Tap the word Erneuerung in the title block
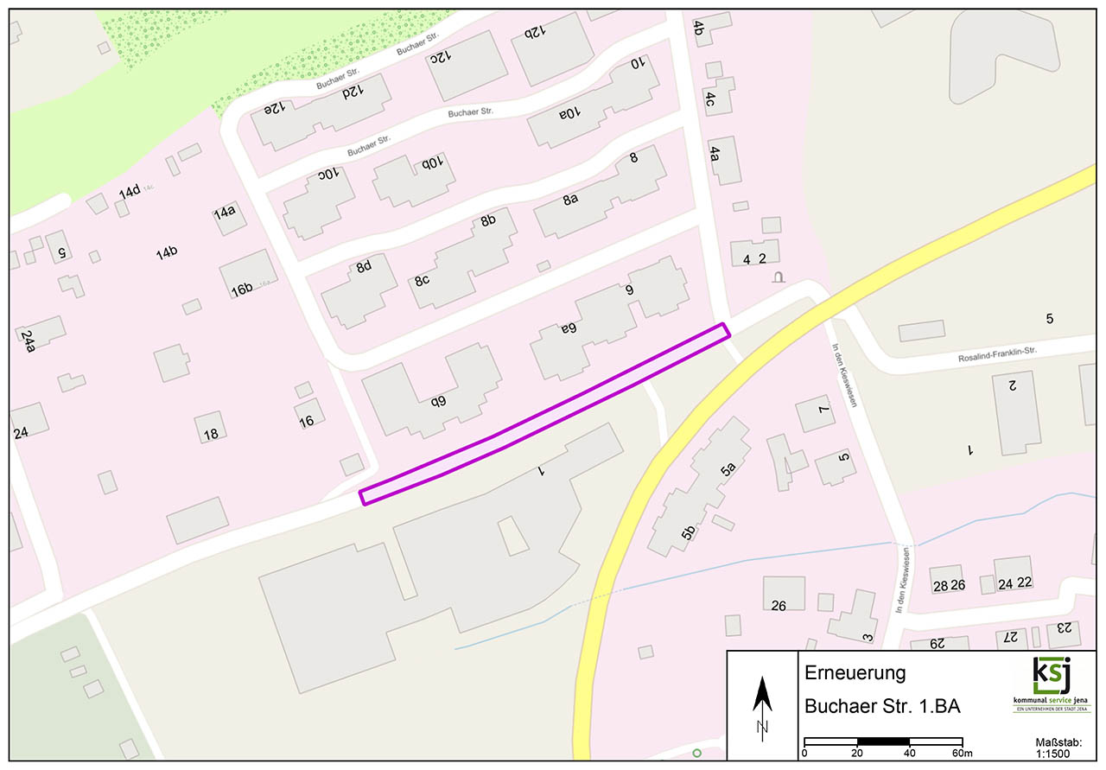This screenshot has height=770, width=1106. [855, 673]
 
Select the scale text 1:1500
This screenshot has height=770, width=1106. [1053, 753]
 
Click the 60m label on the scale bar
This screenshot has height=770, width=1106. [963, 753]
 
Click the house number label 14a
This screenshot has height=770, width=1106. [225, 212]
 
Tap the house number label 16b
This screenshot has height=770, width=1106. [241, 290]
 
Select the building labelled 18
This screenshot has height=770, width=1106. [211, 427]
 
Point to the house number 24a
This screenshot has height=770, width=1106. [29, 341]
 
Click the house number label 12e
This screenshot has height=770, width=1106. [275, 110]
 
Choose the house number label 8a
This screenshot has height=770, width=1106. [570, 200]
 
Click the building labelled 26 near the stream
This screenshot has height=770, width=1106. [783, 594]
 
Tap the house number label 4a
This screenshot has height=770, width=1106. [715, 154]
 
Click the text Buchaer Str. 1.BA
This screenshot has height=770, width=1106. [882, 707]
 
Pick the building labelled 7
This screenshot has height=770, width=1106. [816, 414]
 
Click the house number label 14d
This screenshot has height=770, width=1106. [130, 191]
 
